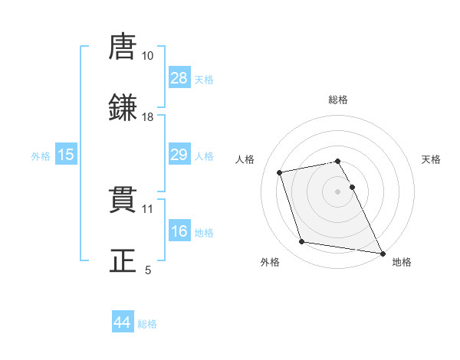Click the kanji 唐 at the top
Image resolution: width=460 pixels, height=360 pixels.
123,47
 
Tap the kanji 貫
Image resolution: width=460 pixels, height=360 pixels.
123,200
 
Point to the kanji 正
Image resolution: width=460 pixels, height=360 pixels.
123,261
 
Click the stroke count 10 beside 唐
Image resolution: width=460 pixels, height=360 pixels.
148,56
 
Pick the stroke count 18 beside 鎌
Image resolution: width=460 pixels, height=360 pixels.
148,117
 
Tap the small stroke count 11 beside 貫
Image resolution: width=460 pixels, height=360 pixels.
148,208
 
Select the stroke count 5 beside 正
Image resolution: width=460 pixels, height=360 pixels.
148,270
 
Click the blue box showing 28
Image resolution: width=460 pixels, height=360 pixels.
179,78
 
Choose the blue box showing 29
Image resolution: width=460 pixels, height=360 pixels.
179,155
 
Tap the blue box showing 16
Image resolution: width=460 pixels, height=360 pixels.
179,231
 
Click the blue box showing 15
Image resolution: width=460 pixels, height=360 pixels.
66,155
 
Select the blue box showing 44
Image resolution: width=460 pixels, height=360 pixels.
122,322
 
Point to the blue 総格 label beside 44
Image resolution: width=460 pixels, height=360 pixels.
147,324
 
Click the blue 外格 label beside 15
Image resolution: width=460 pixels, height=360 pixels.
41,156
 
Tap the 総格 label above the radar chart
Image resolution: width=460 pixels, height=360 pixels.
338,100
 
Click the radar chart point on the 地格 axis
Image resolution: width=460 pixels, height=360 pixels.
382,252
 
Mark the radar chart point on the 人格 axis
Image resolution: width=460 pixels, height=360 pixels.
280,172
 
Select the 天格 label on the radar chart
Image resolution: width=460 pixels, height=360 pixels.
431,159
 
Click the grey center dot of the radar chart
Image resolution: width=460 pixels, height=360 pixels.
338,191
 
